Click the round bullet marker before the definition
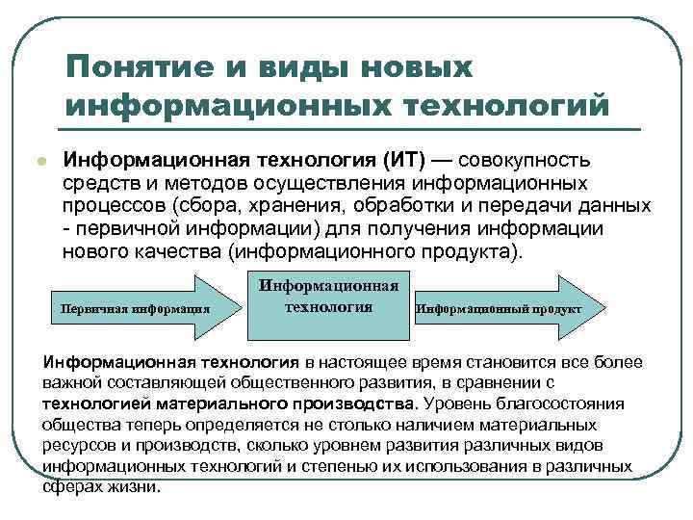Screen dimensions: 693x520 38,161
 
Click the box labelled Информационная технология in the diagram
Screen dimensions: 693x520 329,306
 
